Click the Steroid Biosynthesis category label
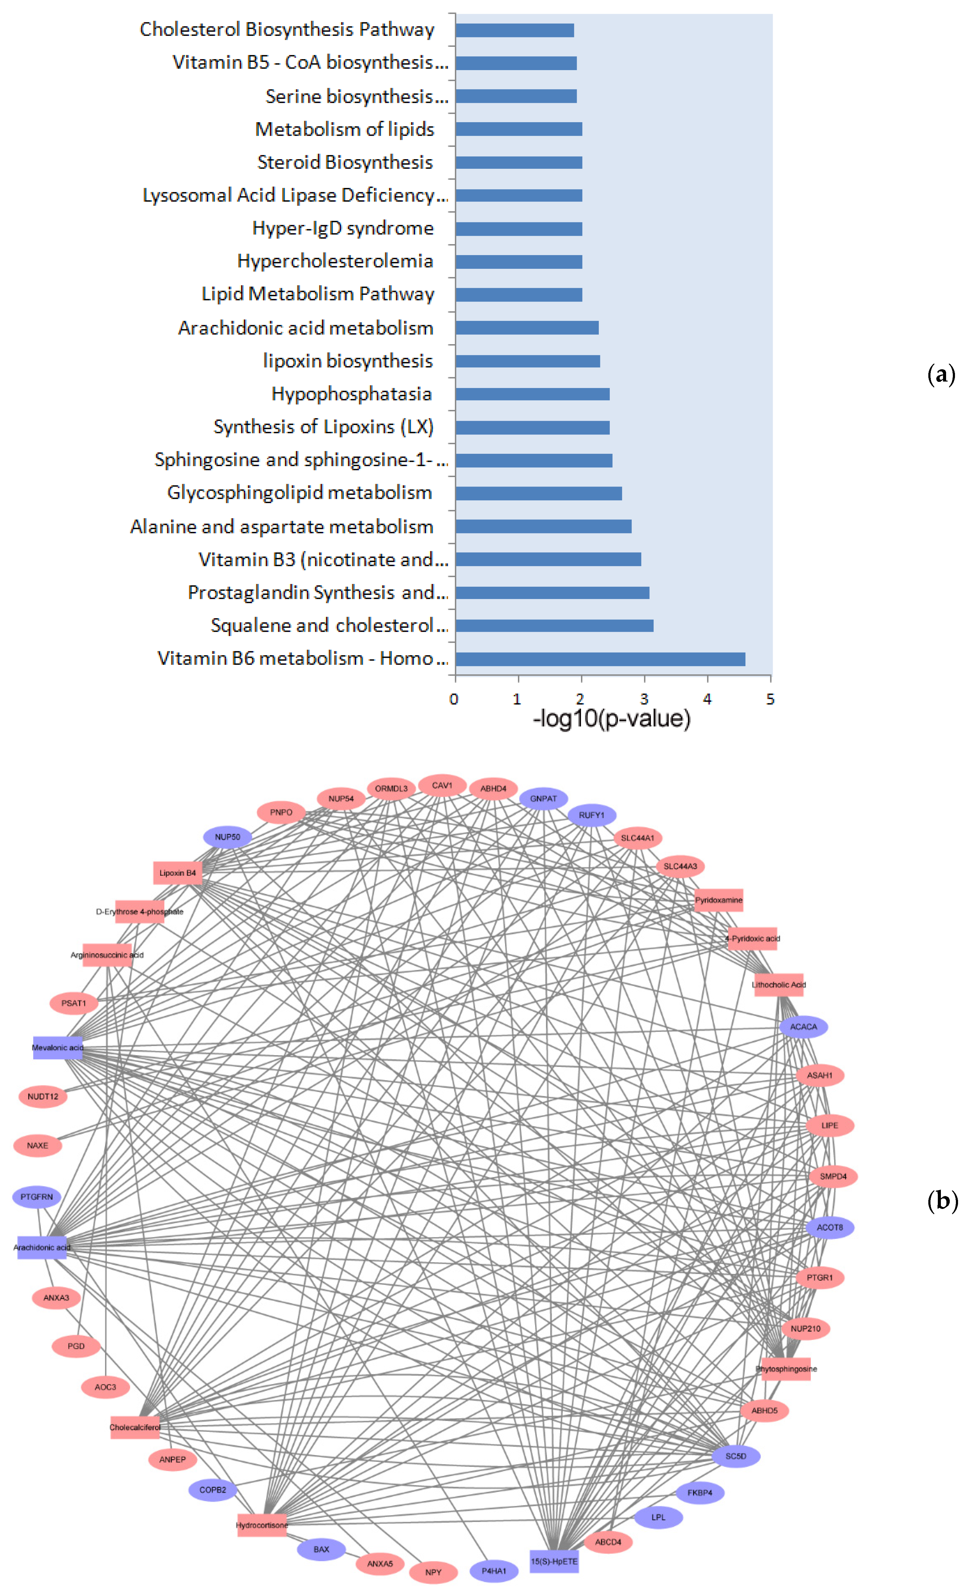(x=345, y=162)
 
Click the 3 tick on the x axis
(x=643, y=698)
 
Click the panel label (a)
(x=941, y=375)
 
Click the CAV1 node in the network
(x=442, y=786)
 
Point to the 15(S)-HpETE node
(x=554, y=1561)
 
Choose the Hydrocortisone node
(x=262, y=1525)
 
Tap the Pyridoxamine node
(x=719, y=900)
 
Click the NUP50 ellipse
(x=228, y=837)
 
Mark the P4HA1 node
(x=494, y=1571)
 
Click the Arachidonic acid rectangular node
(x=42, y=1247)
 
